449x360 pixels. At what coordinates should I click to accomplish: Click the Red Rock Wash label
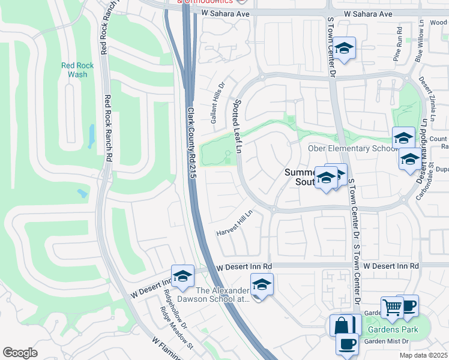pos(73,70)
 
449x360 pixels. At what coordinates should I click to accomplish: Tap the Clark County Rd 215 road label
pos(191,143)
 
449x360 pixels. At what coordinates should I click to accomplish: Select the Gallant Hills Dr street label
pos(217,103)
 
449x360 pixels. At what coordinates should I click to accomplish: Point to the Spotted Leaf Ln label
pos(237,125)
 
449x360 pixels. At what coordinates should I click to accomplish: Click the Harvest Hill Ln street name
pos(236,223)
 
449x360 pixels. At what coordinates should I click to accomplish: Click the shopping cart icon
pos(392,307)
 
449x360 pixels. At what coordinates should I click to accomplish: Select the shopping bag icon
pos(341,326)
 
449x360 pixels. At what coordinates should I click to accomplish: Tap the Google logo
pos(20,353)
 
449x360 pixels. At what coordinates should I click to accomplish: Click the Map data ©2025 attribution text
pos(423,355)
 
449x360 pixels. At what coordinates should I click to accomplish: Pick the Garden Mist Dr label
pos(387,341)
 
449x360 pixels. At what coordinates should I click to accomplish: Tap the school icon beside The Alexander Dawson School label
pos(262,284)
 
